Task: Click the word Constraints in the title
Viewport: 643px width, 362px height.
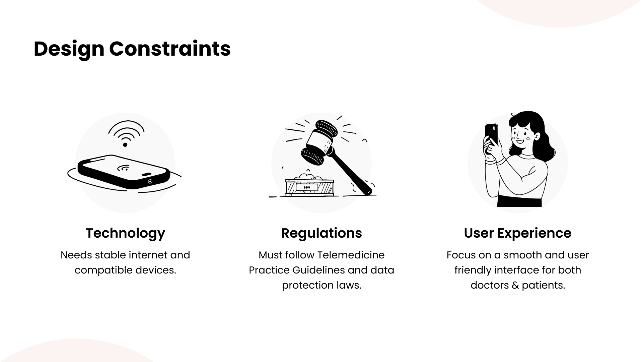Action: (170, 49)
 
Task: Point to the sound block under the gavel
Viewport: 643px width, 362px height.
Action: (310, 187)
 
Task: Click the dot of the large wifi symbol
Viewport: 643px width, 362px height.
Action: (125, 145)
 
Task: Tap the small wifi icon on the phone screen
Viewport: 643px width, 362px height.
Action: (124, 168)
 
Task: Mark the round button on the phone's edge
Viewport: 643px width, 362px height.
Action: (150, 181)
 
